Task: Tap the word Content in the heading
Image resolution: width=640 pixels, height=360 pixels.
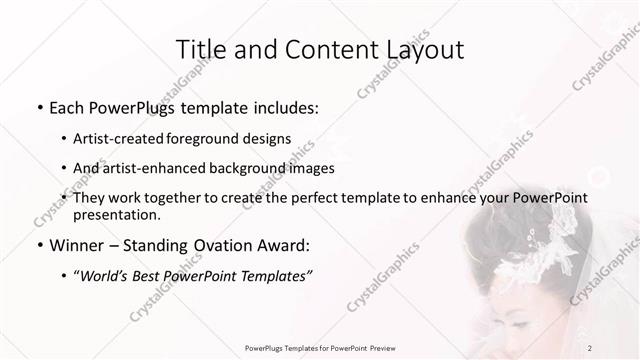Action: tap(321, 50)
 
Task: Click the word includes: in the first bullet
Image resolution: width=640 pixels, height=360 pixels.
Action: tap(285, 106)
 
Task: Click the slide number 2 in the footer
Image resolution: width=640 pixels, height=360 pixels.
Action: tap(590, 348)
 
